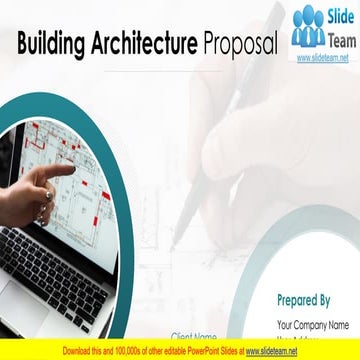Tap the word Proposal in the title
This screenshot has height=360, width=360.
point(239,44)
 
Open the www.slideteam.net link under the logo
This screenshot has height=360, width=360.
point(323,58)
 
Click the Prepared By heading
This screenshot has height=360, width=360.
point(304,299)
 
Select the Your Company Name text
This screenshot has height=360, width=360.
point(313,324)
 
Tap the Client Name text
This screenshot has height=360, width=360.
point(194,337)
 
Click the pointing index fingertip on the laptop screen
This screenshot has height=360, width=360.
point(71,169)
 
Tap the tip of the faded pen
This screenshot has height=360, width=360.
point(172,244)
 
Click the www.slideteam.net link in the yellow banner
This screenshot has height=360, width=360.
point(272,351)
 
